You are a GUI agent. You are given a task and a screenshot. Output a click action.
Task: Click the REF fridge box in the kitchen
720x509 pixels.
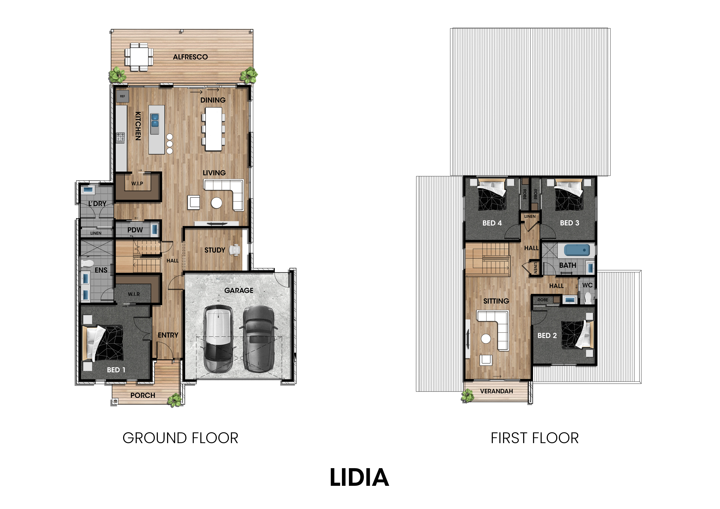click(123, 96)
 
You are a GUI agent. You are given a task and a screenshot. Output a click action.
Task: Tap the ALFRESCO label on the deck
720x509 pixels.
click(190, 57)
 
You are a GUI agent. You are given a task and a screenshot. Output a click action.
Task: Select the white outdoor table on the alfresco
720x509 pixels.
click(139, 57)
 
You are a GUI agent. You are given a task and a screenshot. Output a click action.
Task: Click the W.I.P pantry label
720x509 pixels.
click(137, 183)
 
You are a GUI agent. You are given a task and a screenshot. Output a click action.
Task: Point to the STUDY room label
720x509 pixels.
click(215, 250)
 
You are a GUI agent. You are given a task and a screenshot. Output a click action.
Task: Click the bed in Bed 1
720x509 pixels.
click(103, 343)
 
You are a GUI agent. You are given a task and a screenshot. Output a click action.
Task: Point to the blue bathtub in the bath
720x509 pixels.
click(577, 250)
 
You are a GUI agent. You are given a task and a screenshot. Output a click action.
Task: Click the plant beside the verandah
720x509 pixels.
click(468, 396)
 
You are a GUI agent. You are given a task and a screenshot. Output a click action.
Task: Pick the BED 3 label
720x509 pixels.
click(570, 223)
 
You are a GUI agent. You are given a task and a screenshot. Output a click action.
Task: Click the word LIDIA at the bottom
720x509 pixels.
click(359, 478)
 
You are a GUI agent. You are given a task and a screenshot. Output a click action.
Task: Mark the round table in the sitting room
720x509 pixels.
click(486, 339)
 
